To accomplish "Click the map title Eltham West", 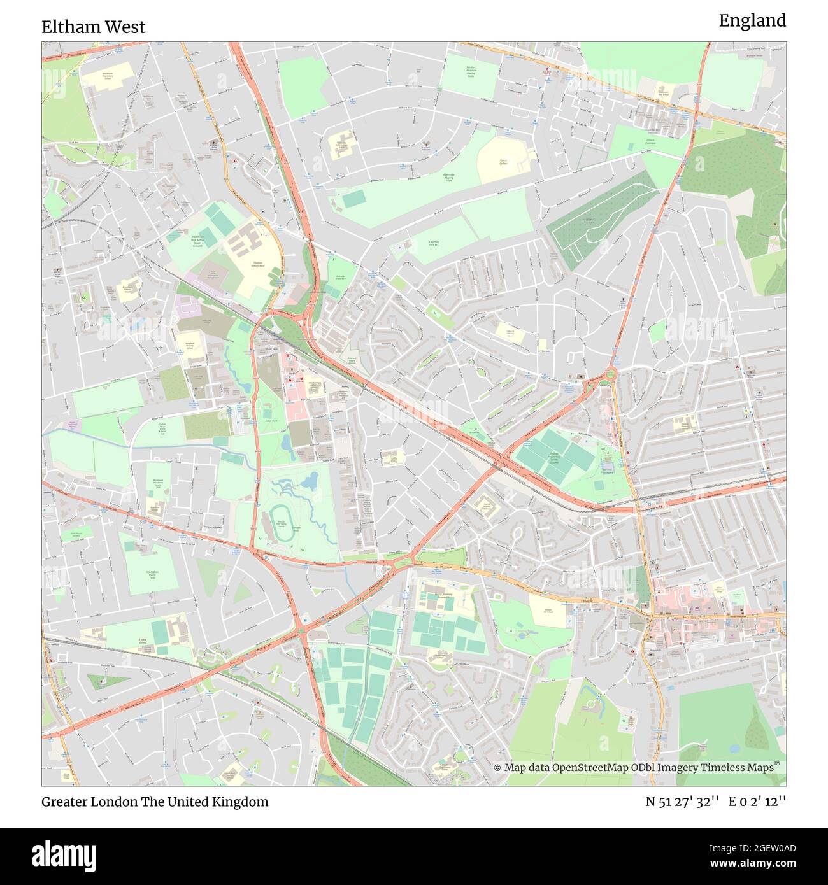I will [94, 27].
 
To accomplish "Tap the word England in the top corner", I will [752, 20].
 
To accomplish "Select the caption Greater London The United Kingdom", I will [155, 802].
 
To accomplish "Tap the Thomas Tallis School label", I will [258, 264].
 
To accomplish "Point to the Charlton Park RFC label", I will [435, 243].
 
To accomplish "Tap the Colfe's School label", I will [143, 642].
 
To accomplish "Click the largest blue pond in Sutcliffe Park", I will [310, 482].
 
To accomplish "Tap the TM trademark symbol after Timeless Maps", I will [777, 764].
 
